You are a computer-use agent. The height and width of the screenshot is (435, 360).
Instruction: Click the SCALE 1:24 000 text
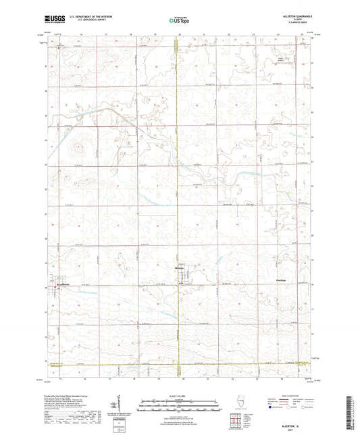pyautogui.click(x=180, y=395)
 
